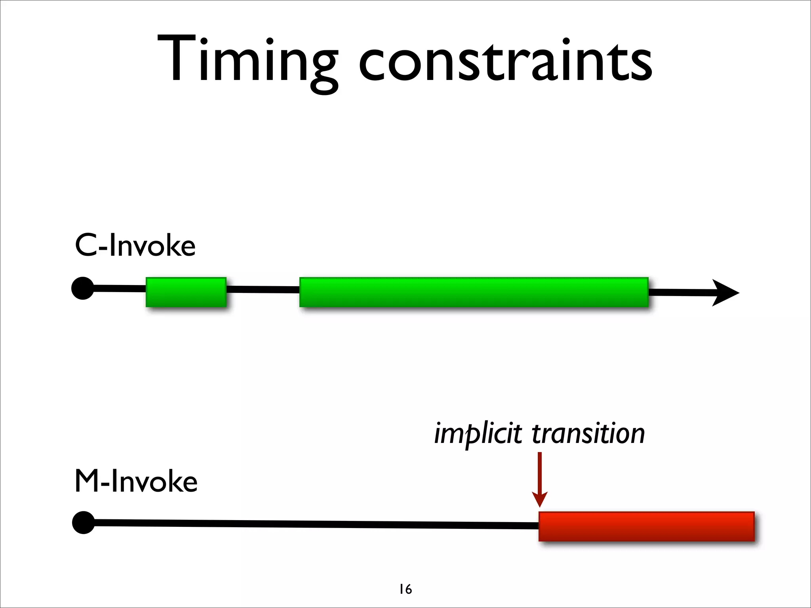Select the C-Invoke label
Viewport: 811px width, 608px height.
pyautogui.click(x=135, y=245)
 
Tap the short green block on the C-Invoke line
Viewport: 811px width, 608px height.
pyautogui.click(x=186, y=292)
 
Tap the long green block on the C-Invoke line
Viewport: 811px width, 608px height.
pyautogui.click(x=474, y=292)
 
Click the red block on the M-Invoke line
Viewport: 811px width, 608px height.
pyautogui.click(x=646, y=526)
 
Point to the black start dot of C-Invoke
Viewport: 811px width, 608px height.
pyautogui.click(x=83, y=288)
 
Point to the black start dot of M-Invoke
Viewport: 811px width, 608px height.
pyautogui.click(x=84, y=522)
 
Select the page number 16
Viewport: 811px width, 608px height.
pyautogui.click(x=405, y=589)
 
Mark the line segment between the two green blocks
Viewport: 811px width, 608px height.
pyautogui.click(x=263, y=290)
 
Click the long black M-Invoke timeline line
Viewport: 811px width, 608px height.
pyautogui.click(x=317, y=524)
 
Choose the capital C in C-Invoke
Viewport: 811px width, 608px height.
pyautogui.click(x=87, y=245)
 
